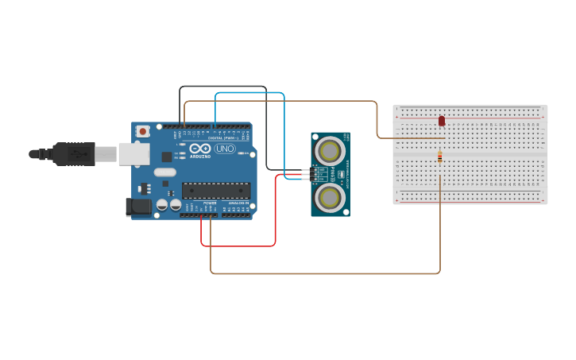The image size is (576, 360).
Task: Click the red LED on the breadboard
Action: (442, 121)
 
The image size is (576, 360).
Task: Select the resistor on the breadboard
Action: (439, 157)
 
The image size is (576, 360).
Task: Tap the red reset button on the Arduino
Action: (143, 131)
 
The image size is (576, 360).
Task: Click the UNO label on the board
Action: (225, 149)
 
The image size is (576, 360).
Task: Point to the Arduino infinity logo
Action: (199, 148)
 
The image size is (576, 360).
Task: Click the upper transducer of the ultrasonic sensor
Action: (329, 149)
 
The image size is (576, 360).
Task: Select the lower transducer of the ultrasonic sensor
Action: (329, 196)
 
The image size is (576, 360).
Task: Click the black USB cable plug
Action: (75, 153)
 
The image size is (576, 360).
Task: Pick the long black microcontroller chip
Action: (215, 191)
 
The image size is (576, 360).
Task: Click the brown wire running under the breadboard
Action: (326, 273)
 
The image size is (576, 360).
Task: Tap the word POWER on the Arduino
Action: (210, 203)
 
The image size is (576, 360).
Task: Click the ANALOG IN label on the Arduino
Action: (238, 203)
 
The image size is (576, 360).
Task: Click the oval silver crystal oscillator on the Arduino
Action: (164, 172)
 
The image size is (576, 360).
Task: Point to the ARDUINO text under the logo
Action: (200, 156)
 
